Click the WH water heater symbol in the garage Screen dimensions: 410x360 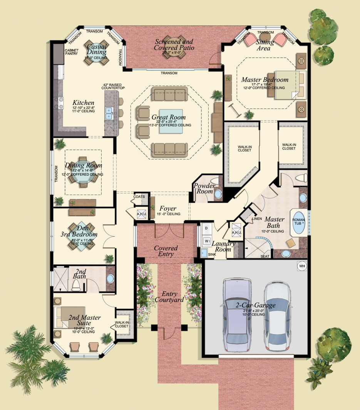pos(301,265)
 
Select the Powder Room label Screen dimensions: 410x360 pos(204,188)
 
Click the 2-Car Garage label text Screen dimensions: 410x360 pos(256,306)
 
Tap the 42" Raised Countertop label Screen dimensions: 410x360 pos(114,86)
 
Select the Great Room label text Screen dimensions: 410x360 pos(168,117)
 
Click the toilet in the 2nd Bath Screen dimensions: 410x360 pos(76,285)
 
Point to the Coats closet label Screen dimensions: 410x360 pos(139,197)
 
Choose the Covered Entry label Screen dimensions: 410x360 pos(166,251)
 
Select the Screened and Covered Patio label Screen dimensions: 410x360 pos(174,44)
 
